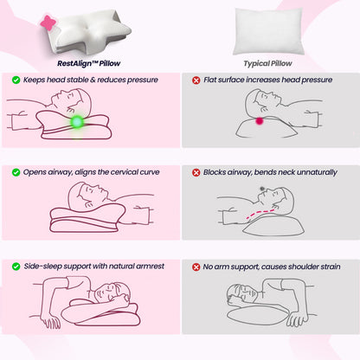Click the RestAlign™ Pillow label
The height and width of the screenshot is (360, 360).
tap(87, 61)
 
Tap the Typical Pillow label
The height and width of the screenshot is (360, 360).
tap(268, 61)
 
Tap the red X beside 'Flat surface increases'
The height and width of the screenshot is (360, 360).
tap(197, 80)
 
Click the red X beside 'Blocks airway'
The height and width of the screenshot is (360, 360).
tap(197, 172)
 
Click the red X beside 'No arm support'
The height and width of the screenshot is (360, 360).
tap(197, 266)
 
